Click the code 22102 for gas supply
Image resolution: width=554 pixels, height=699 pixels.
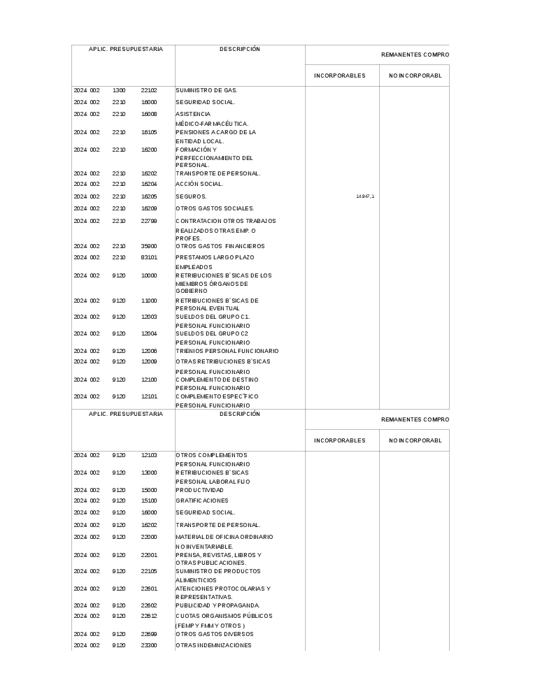point(149,90)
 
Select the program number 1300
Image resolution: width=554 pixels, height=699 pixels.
point(119,90)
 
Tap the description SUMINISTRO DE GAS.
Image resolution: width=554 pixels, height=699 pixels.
point(206,90)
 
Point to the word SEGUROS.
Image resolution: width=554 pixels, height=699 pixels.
point(191,196)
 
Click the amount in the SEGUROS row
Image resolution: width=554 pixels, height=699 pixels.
point(365,196)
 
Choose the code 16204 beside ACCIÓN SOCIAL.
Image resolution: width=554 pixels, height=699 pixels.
point(149,184)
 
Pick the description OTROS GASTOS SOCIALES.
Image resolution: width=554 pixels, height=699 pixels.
point(215,208)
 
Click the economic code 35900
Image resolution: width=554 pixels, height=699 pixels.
point(149,246)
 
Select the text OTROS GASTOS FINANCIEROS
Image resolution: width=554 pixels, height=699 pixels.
point(220,246)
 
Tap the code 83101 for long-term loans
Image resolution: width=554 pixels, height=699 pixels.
point(149,257)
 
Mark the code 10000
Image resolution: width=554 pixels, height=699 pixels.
point(149,275)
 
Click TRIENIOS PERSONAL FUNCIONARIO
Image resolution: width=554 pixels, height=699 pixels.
point(227,351)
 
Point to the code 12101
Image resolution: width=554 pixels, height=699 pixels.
point(149,396)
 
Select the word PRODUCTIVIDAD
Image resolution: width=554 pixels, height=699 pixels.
point(200,490)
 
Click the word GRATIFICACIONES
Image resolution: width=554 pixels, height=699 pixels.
point(201,500)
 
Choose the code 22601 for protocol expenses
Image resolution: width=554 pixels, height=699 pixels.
point(149,589)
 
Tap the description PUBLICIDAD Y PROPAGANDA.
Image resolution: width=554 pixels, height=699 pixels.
point(218,605)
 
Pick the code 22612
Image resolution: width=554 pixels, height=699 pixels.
point(149,616)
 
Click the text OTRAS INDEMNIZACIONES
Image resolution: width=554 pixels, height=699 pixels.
point(213,645)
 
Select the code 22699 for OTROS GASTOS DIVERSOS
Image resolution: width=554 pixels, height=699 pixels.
point(149,634)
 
